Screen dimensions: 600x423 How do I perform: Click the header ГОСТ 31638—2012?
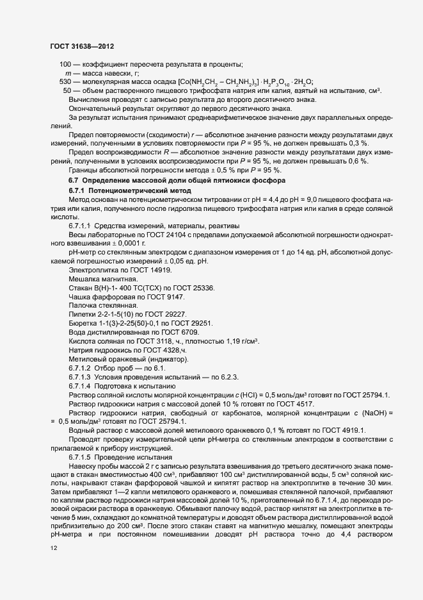pyautogui.click(x=83, y=46)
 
